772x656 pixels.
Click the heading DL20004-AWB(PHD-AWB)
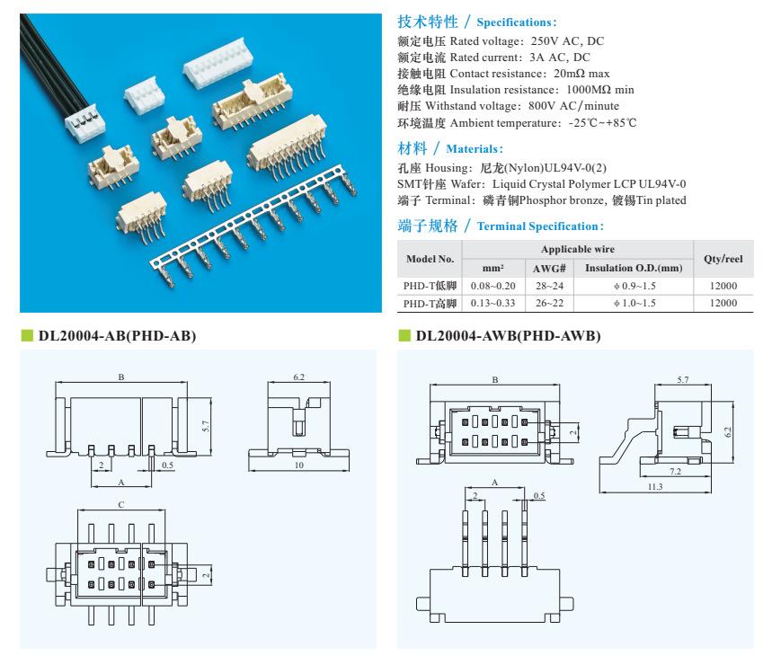508,336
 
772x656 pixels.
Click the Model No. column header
430,258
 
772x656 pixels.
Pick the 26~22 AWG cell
548,303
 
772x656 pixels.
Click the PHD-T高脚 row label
430,303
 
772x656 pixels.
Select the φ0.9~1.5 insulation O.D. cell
633,285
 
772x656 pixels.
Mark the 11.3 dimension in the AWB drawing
654,486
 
